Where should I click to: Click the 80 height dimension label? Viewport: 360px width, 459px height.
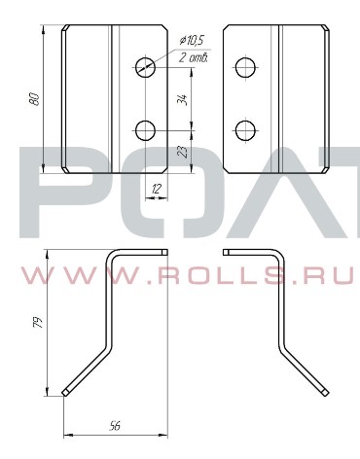[x=35, y=99]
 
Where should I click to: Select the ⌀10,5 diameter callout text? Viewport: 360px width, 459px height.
[x=192, y=41]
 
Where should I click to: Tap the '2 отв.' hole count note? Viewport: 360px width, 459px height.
[x=194, y=57]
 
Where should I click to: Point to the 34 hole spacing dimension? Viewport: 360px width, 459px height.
[x=183, y=99]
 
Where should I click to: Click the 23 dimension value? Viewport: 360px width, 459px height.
[x=183, y=152]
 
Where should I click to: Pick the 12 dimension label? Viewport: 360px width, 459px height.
[x=157, y=189]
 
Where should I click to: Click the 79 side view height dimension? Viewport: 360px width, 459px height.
[x=38, y=323]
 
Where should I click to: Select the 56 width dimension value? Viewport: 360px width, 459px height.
[x=115, y=425]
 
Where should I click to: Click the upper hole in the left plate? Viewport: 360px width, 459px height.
[x=146, y=67]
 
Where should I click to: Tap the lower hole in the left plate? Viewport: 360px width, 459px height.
[x=146, y=130]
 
